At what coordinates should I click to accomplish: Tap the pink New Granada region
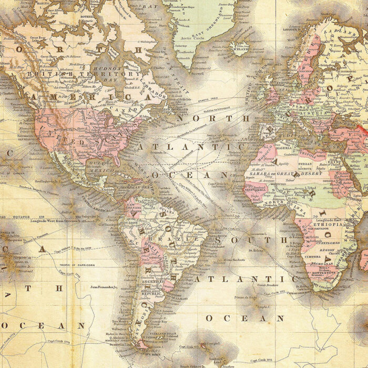133,206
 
